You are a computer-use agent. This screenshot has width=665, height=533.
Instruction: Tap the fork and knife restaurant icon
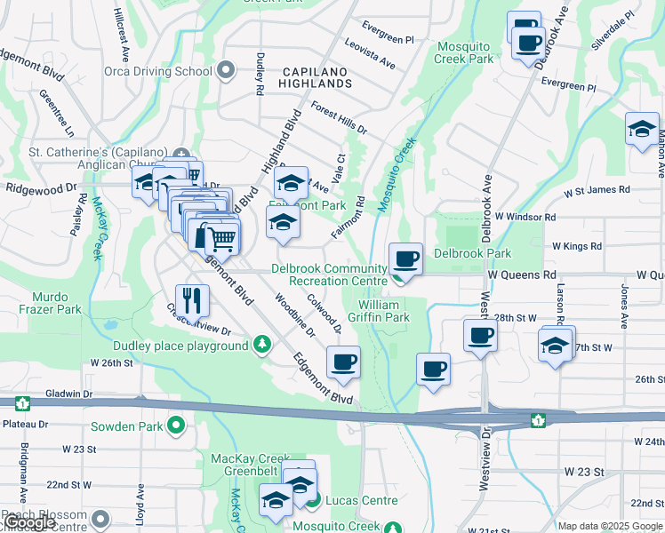point(192,300)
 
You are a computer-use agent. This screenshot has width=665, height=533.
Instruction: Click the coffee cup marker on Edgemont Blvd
point(343,362)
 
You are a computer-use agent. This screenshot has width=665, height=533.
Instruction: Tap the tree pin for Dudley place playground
point(261,344)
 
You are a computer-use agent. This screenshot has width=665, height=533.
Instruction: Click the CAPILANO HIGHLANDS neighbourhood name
point(317,76)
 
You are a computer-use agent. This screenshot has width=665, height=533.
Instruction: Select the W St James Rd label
point(597,189)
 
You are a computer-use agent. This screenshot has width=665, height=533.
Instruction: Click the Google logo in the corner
point(28,523)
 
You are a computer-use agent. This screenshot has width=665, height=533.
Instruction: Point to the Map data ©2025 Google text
point(610,526)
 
